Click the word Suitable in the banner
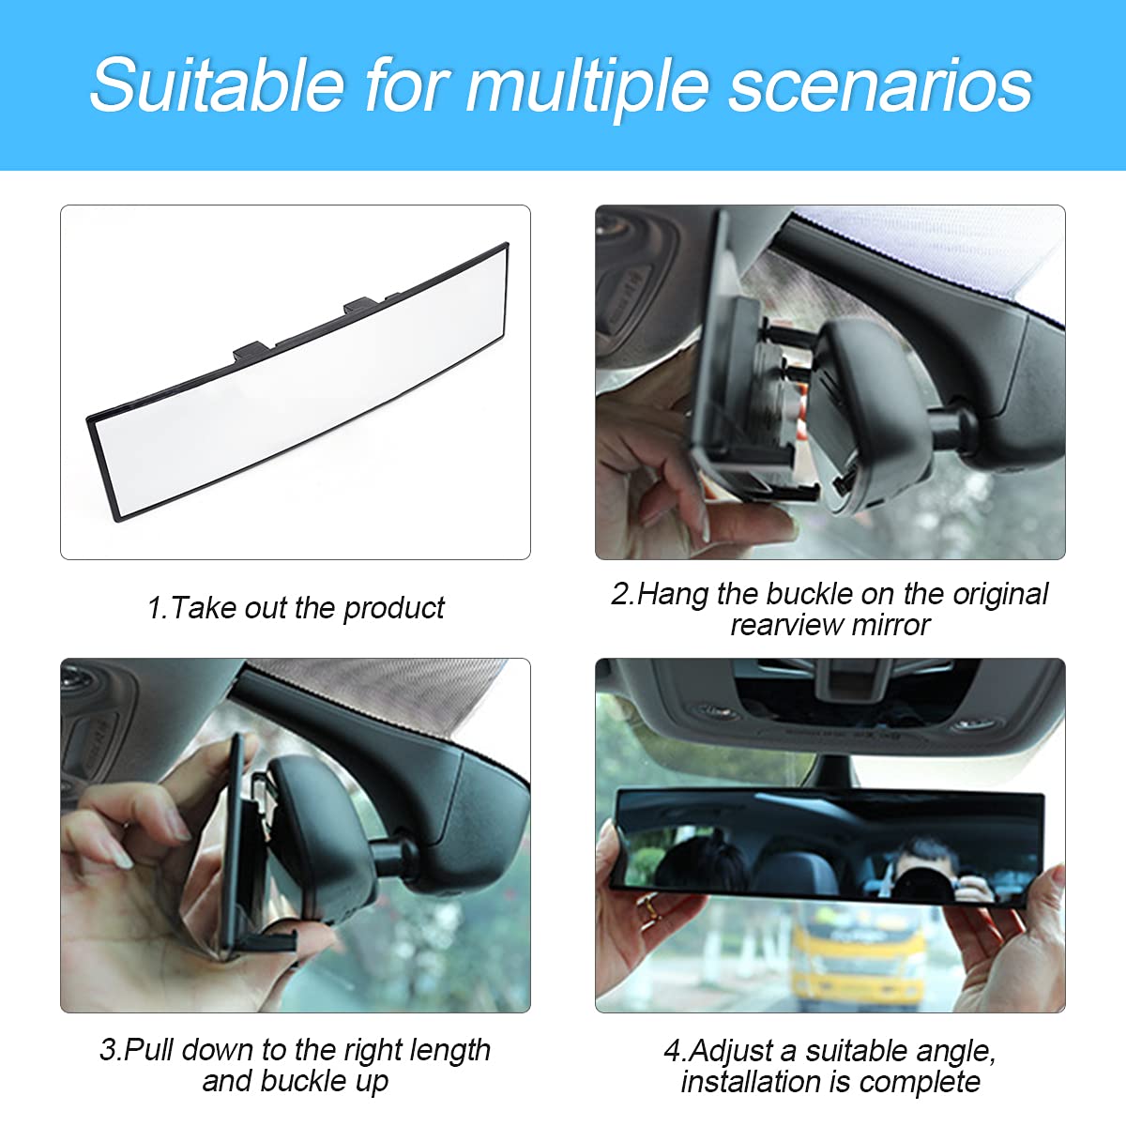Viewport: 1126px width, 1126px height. coord(217,85)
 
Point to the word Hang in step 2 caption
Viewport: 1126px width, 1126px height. coord(675,594)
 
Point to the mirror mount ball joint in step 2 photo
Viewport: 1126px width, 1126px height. coord(952,428)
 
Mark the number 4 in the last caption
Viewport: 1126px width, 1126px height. coord(672,1051)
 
